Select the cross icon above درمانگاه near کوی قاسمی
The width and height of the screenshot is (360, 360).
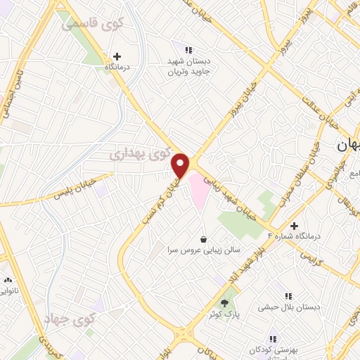pos(117,56)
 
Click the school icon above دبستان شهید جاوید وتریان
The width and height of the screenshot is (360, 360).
pos(188,50)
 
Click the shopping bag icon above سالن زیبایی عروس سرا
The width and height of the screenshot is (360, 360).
pos(203,238)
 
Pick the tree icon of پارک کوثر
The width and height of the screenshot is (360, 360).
pos(225,304)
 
